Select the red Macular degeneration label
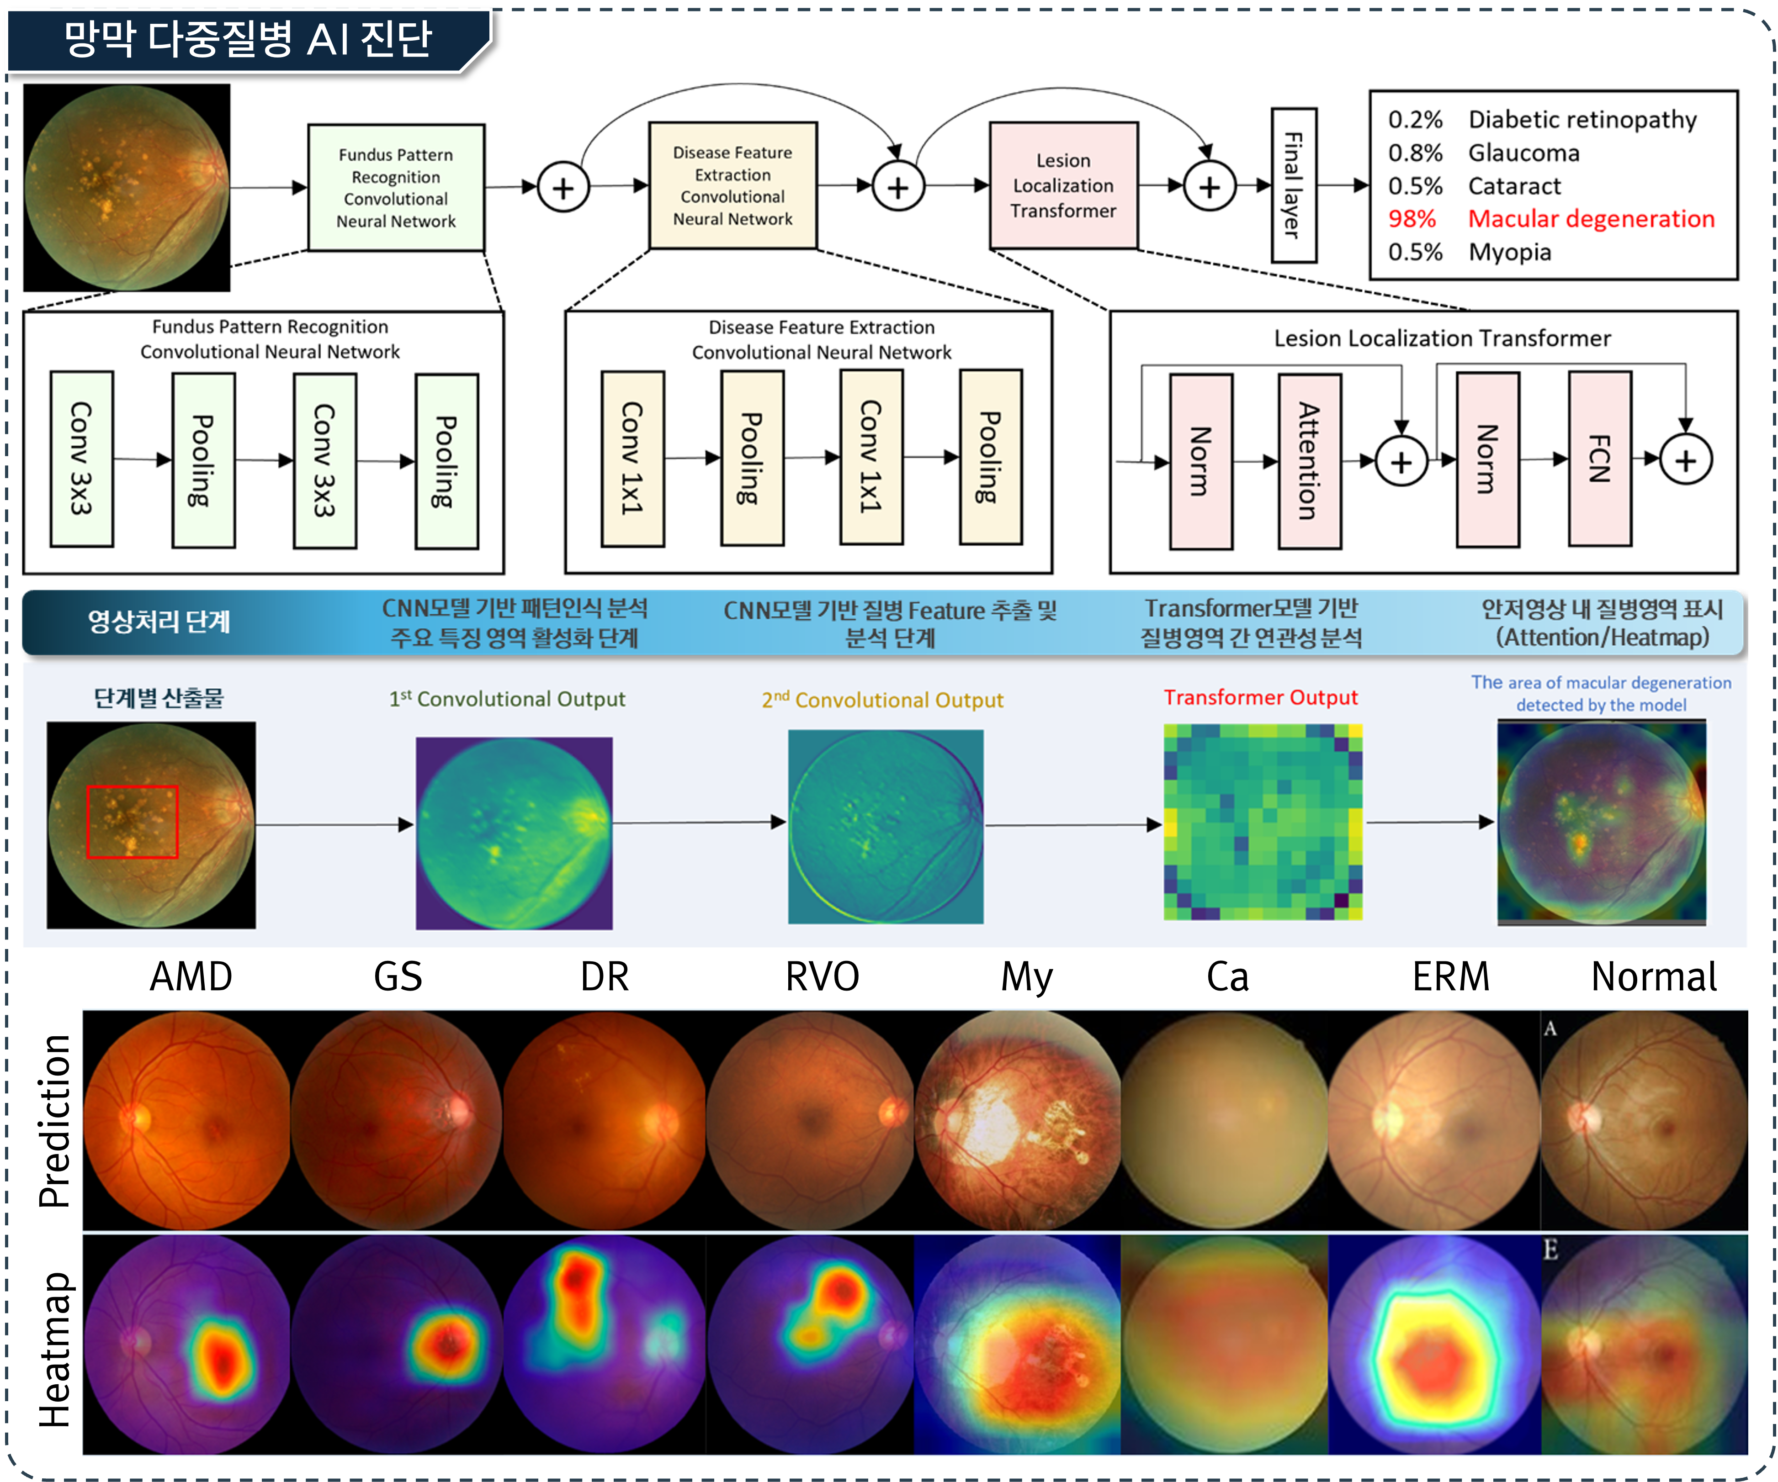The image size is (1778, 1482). pyautogui.click(x=1591, y=218)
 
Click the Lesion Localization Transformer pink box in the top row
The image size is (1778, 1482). pyautogui.click(x=1063, y=185)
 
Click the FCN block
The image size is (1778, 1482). pyautogui.click(x=1599, y=459)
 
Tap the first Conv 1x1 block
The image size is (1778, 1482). pyautogui.click(x=632, y=458)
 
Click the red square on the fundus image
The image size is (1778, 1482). pyautogui.click(x=132, y=822)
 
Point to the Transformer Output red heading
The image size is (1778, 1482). pyautogui.click(x=1260, y=697)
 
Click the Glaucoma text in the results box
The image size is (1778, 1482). pyautogui.click(x=1523, y=153)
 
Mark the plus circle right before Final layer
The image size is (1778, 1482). pyautogui.click(x=1209, y=187)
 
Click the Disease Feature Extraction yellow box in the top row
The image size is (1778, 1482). pyautogui.click(x=732, y=185)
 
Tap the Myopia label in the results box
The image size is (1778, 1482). pyautogui.click(x=1510, y=252)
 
